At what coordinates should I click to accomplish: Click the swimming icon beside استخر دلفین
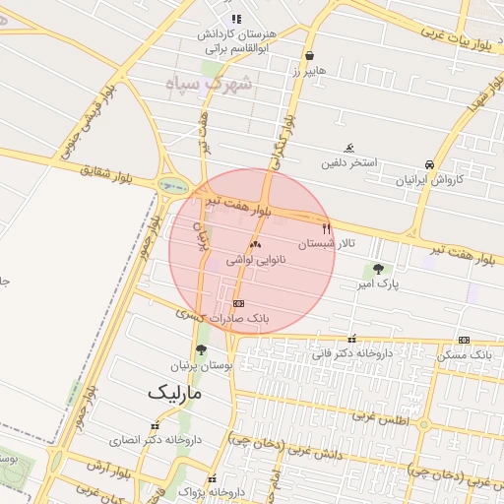349,148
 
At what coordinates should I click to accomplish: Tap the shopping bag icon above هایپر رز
310,56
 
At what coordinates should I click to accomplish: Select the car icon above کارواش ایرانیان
429,164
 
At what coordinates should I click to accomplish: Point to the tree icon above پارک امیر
378,268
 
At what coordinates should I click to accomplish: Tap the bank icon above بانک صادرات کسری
239,303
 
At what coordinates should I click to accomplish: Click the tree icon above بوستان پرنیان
201,349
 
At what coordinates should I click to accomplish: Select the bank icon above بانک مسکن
464,339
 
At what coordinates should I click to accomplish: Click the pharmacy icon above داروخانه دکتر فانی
351,339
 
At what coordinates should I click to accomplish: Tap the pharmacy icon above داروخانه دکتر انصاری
154,426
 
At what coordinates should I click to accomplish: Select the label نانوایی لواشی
256,260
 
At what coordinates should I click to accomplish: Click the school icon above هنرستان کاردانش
235,19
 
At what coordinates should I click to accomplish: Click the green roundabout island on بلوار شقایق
175,185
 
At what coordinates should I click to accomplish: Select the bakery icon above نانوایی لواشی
256,243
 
